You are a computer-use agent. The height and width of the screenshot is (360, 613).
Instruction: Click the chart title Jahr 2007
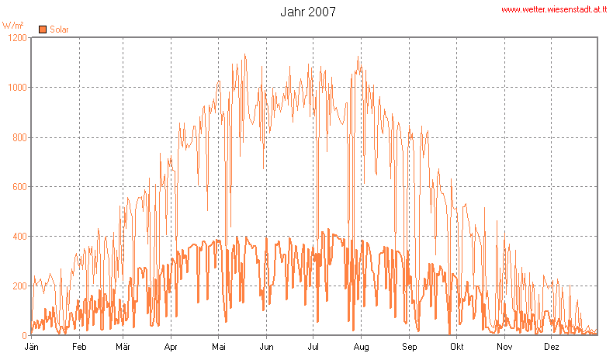coord(307,12)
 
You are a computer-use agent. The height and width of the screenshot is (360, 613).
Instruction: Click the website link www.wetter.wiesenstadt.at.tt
coord(552,10)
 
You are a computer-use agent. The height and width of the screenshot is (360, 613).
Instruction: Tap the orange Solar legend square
coord(43,30)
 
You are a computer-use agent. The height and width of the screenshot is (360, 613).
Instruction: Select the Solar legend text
coord(59,30)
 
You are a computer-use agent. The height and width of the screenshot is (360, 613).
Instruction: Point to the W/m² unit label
coord(13,26)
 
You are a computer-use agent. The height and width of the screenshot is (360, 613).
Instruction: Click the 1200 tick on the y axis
coord(16,37)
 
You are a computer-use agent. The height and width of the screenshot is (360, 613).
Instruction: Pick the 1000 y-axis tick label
coord(16,88)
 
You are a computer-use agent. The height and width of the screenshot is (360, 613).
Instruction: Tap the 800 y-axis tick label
coord(18,137)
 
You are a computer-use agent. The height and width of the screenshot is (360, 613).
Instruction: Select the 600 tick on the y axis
coord(18,187)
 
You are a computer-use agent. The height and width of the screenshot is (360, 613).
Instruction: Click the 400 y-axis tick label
coord(18,237)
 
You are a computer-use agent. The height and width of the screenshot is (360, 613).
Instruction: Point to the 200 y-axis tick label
coord(18,286)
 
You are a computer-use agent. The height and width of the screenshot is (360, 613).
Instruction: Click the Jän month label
coord(32,346)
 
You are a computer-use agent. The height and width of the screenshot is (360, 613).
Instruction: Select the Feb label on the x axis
coord(79,346)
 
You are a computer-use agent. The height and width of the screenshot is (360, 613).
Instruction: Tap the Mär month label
coord(123,346)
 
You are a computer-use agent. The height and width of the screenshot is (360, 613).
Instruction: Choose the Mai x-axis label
coord(220,346)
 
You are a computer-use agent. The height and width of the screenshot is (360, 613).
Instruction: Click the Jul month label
coord(313,346)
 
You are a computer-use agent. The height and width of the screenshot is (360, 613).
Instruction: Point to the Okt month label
coord(457,346)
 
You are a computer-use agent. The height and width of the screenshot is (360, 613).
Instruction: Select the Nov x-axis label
coord(504,346)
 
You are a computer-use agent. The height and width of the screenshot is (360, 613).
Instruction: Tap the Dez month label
coord(552,346)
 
